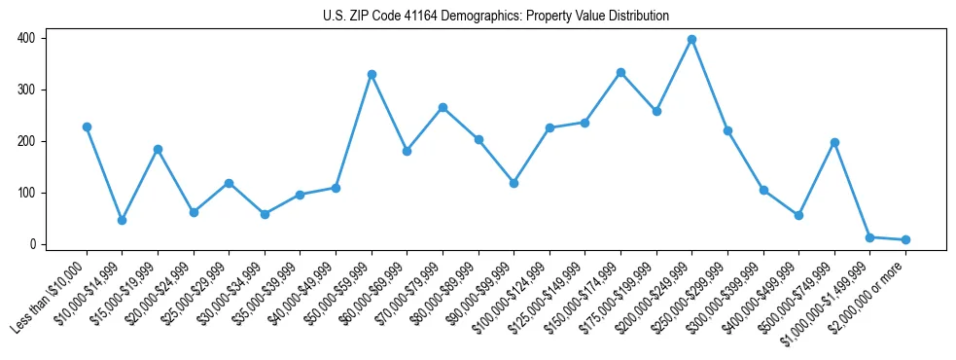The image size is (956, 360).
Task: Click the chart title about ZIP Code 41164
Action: (496, 16)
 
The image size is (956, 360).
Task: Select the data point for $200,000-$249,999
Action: (691, 40)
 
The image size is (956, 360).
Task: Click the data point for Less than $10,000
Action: (87, 127)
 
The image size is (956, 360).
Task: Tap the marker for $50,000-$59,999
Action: (372, 75)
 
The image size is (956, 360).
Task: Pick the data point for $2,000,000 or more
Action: (905, 239)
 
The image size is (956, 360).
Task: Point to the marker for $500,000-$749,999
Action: (834, 143)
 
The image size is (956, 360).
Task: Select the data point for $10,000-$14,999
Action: (122, 221)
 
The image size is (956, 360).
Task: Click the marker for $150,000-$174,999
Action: (620, 73)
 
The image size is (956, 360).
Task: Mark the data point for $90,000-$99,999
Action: (513, 183)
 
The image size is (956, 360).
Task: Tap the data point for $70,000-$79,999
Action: (443, 108)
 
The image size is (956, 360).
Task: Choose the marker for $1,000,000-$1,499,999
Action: (869, 237)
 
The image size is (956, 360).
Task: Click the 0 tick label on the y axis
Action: (33, 244)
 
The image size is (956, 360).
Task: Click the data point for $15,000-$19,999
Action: (158, 150)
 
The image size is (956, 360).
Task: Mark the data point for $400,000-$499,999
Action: (798, 215)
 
